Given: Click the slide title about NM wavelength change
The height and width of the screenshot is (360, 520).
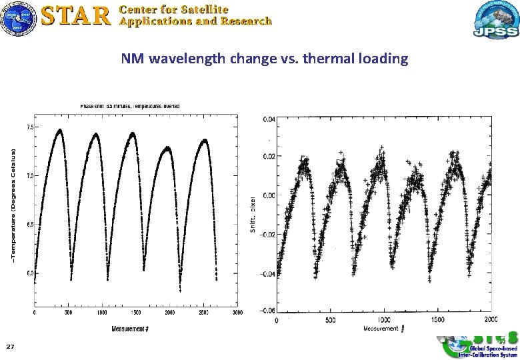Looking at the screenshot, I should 264,59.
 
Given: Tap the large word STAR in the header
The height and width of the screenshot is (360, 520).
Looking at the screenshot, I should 75,15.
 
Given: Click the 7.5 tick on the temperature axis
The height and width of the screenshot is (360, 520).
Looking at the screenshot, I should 29,127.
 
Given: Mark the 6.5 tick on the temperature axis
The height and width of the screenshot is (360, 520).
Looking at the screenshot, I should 29,225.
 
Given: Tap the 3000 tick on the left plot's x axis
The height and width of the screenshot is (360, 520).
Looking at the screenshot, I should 237,312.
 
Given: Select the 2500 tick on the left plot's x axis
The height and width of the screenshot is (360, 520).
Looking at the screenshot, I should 203,312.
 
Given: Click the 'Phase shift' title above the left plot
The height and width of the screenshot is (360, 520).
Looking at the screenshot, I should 130,106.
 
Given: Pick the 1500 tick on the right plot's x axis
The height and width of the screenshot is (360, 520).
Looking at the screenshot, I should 439,320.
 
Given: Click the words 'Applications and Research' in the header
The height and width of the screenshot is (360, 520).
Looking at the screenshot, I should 195,21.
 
